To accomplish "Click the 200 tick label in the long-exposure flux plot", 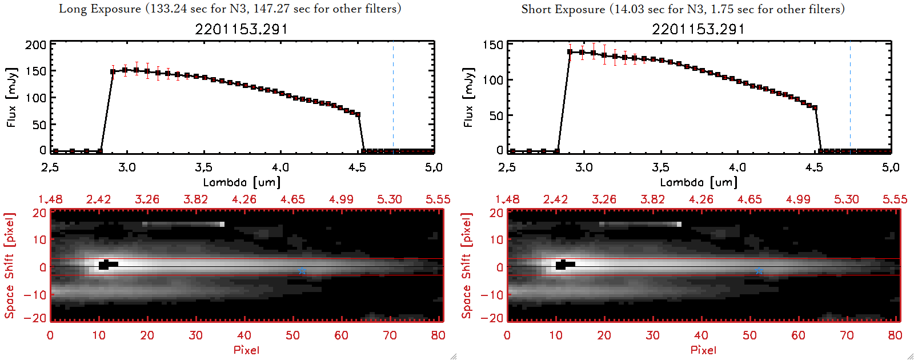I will [x=35, y=45].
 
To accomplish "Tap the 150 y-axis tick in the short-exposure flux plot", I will [x=492, y=45].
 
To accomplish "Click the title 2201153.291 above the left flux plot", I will [x=241, y=29].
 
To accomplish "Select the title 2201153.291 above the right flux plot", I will [x=698, y=29].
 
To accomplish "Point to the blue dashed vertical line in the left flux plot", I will [x=393, y=97].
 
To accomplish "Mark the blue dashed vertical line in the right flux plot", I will [x=850, y=97].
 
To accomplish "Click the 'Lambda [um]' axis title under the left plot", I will [x=242, y=182].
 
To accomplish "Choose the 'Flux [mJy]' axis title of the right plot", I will [x=468, y=97].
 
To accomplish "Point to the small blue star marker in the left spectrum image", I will [x=302, y=271].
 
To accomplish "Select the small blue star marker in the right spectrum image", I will [x=759, y=271].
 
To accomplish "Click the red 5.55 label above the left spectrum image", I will [x=438, y=199].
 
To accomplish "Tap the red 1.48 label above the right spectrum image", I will [x=507, y=199].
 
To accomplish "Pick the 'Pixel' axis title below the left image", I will [x=246, y=350].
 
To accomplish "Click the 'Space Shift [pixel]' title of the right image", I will [x=467, y=266].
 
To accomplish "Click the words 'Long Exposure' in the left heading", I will [x=100, y=9].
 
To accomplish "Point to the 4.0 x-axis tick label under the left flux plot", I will [x=280, y=167].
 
